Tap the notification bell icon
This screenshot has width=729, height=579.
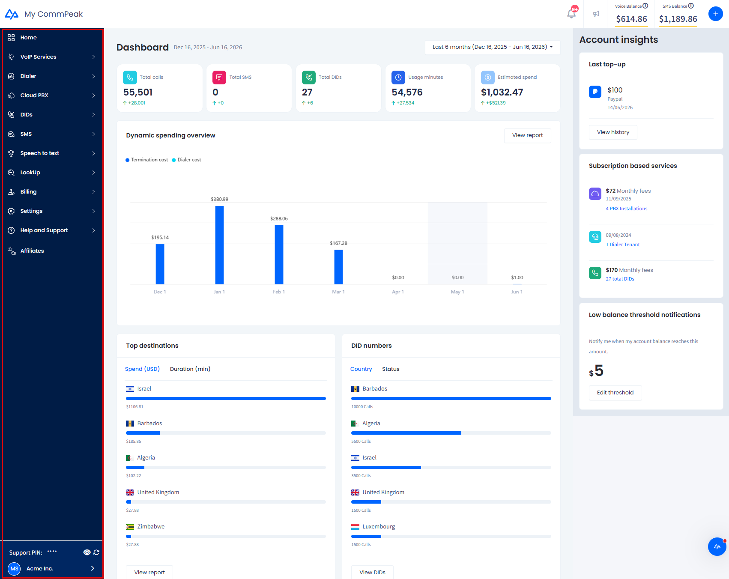point(571,14)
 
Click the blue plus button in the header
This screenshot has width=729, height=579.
point(715,14)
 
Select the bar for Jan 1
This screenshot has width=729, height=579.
point(219,245)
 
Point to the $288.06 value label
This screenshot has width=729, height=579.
point(279,218)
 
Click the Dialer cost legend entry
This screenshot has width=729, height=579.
point(186,160)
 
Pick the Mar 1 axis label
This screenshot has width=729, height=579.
point(338,292)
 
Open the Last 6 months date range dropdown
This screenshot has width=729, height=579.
point(493,47)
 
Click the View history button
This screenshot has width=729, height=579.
point(613,132)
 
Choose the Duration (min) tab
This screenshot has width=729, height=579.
point(190,369)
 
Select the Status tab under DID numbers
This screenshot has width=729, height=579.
point(391,369)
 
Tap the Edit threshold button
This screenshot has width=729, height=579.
point(615,393)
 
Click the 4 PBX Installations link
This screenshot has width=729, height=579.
point(626,209)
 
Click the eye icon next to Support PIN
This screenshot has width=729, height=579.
point(87,552)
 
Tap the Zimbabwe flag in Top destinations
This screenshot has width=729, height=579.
point(130,527)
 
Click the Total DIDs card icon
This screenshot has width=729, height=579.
point(309,78)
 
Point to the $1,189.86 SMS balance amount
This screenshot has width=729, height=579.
point(678,19)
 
